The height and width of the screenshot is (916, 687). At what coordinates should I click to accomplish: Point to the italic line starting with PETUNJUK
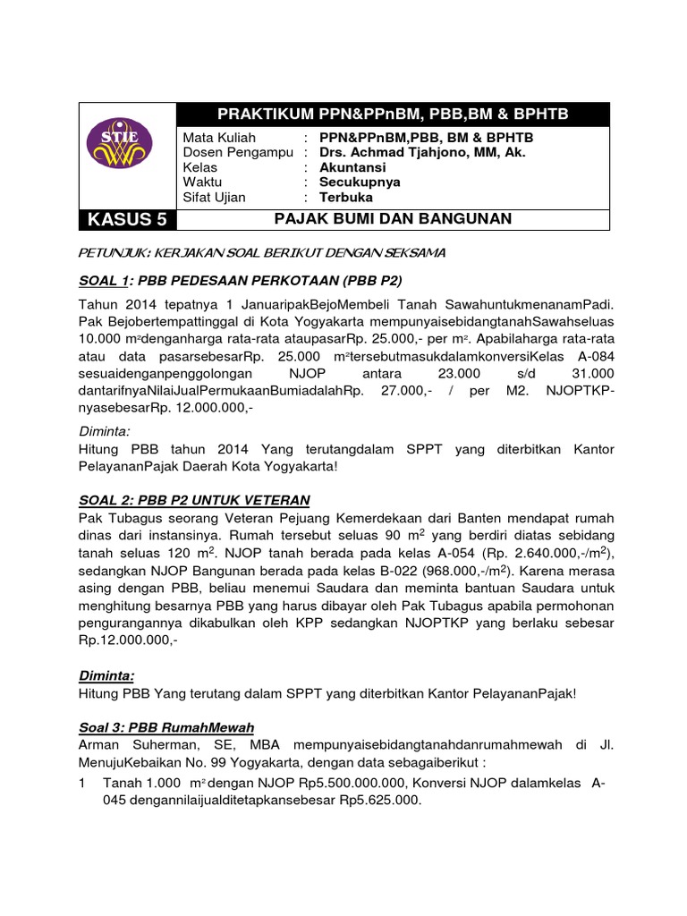(262, 253)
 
